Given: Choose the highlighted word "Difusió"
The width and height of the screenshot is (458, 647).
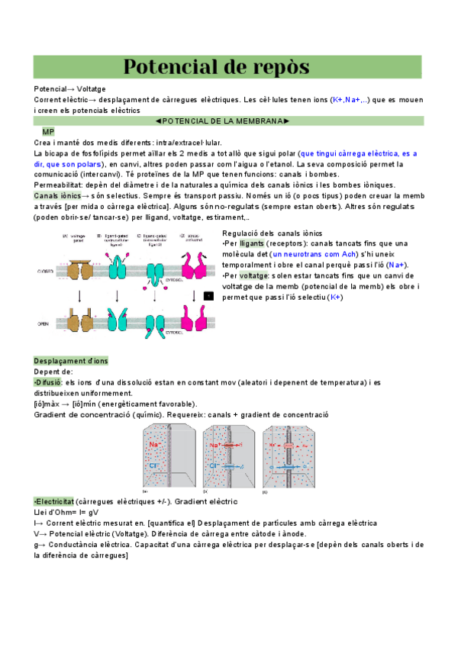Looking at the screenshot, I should tap(48, 381).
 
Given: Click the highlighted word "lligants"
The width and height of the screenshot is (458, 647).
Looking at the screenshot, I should tap(253, 243).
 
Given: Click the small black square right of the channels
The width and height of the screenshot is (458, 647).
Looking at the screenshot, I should tap(209, 295).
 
